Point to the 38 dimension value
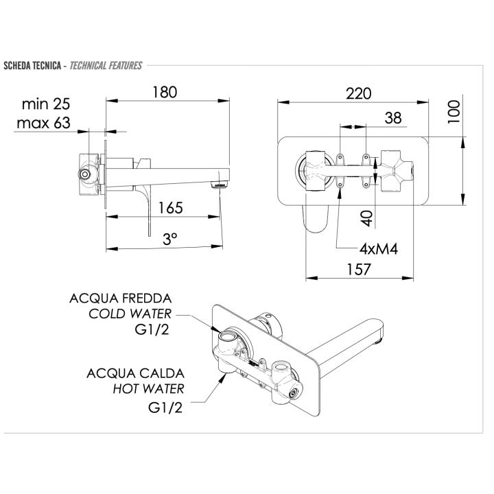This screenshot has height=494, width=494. pos(392,118)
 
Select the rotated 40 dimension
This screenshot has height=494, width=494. pos(367,217)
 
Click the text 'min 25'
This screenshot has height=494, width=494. pos(46,104)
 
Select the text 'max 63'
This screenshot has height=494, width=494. pos(45,123)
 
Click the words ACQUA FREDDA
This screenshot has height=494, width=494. pos(120,299)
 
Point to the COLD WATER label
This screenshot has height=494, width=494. pos(130,315)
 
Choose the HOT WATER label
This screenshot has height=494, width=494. pos(148,389)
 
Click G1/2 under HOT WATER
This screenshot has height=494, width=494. pos(167,407)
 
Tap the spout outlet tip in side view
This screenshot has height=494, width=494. pos(219,185)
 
